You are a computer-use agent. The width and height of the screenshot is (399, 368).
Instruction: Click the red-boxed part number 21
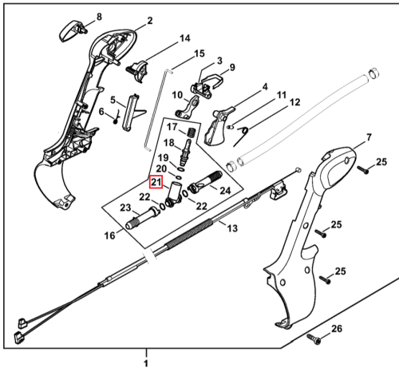tap(156, 182)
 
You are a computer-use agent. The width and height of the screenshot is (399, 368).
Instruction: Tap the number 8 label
tap(99, 17)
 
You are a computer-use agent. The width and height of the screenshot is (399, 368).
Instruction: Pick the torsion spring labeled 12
tap(241, 136)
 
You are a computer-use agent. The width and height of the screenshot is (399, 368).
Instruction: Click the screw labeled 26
tap(314, 338)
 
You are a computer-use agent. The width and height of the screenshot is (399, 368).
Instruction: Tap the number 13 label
tap(232, 228)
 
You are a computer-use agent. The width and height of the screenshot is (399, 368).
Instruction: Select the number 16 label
tap(110, 235)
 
